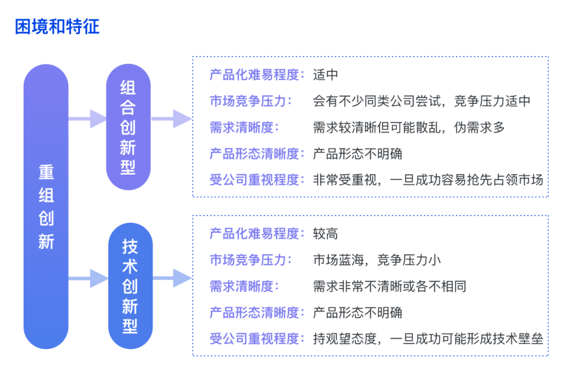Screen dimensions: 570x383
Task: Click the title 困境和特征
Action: point(57,26)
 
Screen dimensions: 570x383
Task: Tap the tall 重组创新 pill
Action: point(46,206)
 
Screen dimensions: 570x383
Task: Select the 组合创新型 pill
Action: point(128,127)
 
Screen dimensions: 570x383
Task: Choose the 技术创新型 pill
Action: point(130,285)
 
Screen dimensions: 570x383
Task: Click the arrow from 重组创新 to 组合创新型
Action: point(87,119)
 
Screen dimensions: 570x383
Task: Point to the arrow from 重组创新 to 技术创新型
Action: point(88,279)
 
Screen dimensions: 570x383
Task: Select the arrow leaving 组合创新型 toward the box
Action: point(171,119)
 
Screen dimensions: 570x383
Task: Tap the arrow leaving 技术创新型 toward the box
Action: point(172,279)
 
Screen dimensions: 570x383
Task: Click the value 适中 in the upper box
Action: point(325,75)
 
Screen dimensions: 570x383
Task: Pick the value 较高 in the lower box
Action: point(325,234)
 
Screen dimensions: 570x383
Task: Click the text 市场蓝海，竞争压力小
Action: point(377,260)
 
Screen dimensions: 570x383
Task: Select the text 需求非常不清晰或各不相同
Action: point(389,286)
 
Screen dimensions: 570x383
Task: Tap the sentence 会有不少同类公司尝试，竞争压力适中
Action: point(421,101)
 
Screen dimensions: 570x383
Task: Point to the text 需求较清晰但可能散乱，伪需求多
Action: point(408,128)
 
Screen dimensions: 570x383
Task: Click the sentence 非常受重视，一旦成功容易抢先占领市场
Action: point(428,180)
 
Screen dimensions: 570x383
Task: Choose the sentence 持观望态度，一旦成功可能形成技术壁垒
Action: point(428,339)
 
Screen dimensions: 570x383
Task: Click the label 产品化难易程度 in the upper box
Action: point(254,75)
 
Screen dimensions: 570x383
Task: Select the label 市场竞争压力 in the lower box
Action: point(248,260)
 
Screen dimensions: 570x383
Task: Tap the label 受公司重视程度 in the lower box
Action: point(254,339)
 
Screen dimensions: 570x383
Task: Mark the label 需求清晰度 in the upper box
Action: point(241,128)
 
